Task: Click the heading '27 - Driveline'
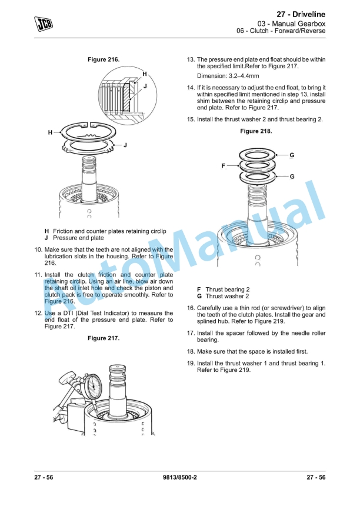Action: coord(301,14)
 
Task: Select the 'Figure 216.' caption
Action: coord(104,60)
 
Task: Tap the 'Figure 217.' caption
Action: coord(104,338)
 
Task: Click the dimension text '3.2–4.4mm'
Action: coord(234,76)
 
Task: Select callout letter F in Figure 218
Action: coord(224,166)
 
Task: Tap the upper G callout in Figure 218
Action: coord(292,155)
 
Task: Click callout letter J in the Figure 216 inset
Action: coord(145,87)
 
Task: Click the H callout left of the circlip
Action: coord(51,133)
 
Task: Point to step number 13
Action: coord(190,60)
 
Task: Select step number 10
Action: coord(38,249)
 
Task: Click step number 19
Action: coord(190,363)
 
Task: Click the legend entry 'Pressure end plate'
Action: coord(78,238)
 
